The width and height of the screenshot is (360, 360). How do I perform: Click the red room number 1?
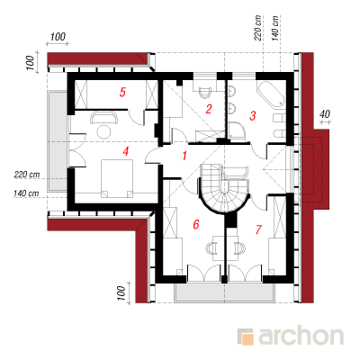coord(184,156)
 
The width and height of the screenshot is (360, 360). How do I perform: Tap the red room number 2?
coord(209,109)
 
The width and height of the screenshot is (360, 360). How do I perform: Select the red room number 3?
coord(253,115)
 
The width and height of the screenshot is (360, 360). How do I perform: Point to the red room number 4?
coord(126,151)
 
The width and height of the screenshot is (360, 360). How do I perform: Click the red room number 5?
coord(122,92)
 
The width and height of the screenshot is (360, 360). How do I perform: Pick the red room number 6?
coord(196,224)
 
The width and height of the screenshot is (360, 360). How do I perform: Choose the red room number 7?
coord(258,229)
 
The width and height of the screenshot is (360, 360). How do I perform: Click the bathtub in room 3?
coord(270,94)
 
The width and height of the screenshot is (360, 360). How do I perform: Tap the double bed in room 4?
coord(117,178)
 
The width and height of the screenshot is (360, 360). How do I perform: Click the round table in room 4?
coord(103,131)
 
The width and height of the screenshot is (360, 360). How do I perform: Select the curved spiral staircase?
coord(223,189)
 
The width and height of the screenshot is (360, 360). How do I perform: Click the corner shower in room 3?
coord(237,130)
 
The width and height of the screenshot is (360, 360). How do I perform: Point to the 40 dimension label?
coord(325,114)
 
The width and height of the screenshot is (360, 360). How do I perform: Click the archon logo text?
coord(301,337)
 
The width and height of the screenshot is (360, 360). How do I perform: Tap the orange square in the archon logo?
coord(247,339)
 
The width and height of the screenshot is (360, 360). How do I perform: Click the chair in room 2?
coord(206,93)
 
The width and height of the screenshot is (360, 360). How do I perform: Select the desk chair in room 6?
coord(211,247)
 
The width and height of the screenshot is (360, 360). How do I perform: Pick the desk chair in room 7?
coord(239,247)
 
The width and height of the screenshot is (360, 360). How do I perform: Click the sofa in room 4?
coord(104,117)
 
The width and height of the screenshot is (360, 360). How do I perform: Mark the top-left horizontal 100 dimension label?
coord(58,37)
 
